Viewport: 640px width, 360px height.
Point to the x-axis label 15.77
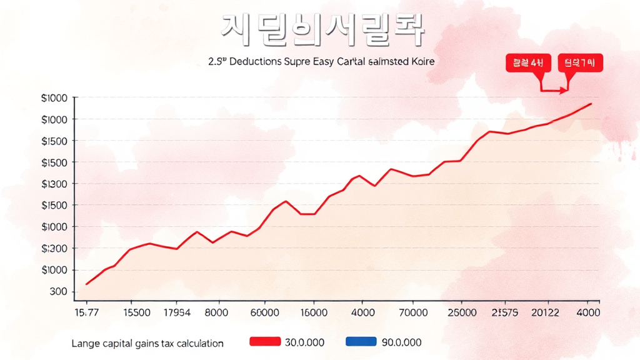[86, 311]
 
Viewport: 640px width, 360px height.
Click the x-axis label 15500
[137, 311]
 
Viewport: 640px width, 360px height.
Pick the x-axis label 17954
[176, 311]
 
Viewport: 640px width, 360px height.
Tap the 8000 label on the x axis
[216, 311]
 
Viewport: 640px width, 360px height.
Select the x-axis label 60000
[264, 311]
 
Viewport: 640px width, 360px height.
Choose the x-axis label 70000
[414, 311]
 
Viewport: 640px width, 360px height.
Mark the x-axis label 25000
[462, 311]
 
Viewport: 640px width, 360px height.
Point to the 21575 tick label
[505, 311]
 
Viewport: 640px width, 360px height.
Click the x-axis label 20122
[544, 311]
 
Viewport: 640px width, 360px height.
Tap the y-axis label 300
[57, 291]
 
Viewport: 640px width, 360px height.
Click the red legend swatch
[264, 342]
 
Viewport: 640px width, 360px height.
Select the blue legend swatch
[361, 342]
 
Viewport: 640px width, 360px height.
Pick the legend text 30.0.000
[304, 342]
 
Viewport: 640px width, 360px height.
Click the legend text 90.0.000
[401, 342]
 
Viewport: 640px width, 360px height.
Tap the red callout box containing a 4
[528, 62]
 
